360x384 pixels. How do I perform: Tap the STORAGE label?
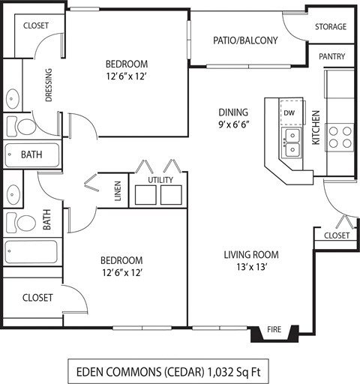[x=330, y=27]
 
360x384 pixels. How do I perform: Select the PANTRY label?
[x=331, y=56]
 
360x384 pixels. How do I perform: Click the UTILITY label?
[x=160, y=180]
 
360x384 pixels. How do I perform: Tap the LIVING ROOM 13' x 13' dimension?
[x=245, y=266]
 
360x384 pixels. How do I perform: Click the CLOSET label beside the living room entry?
[x=336, y=235]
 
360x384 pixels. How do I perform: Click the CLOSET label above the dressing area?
[x=36, y=25]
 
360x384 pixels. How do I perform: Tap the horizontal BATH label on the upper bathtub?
[x=32, y=155]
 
